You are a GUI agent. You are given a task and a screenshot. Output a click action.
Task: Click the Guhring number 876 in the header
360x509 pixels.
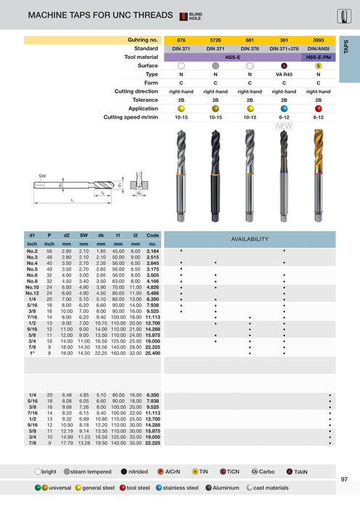click(x=181, y=39)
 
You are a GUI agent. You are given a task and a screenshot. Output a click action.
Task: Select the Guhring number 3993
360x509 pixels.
click(x=318, y=39)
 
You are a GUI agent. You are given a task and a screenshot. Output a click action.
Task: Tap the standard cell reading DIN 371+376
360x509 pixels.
click(x=284, y=48)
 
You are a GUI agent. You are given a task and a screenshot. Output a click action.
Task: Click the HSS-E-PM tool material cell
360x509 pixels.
click(x=318, y=57)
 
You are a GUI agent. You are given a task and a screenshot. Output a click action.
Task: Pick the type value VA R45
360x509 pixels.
click(x=284, y=74)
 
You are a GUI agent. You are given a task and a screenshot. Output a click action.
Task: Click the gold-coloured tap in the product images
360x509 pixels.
click(x=318, y=167)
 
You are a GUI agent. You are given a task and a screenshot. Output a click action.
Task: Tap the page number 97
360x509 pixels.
click(x=343, y=479)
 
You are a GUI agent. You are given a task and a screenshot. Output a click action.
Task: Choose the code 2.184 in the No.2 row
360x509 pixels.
click(x=153, y=251)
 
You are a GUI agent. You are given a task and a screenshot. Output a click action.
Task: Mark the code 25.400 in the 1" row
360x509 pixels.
click(x=153, y=353)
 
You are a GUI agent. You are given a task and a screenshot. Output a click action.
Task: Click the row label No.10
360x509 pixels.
click(x=31, y=287)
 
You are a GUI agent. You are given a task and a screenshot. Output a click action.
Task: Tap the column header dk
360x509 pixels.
click(x=101, y=236)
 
